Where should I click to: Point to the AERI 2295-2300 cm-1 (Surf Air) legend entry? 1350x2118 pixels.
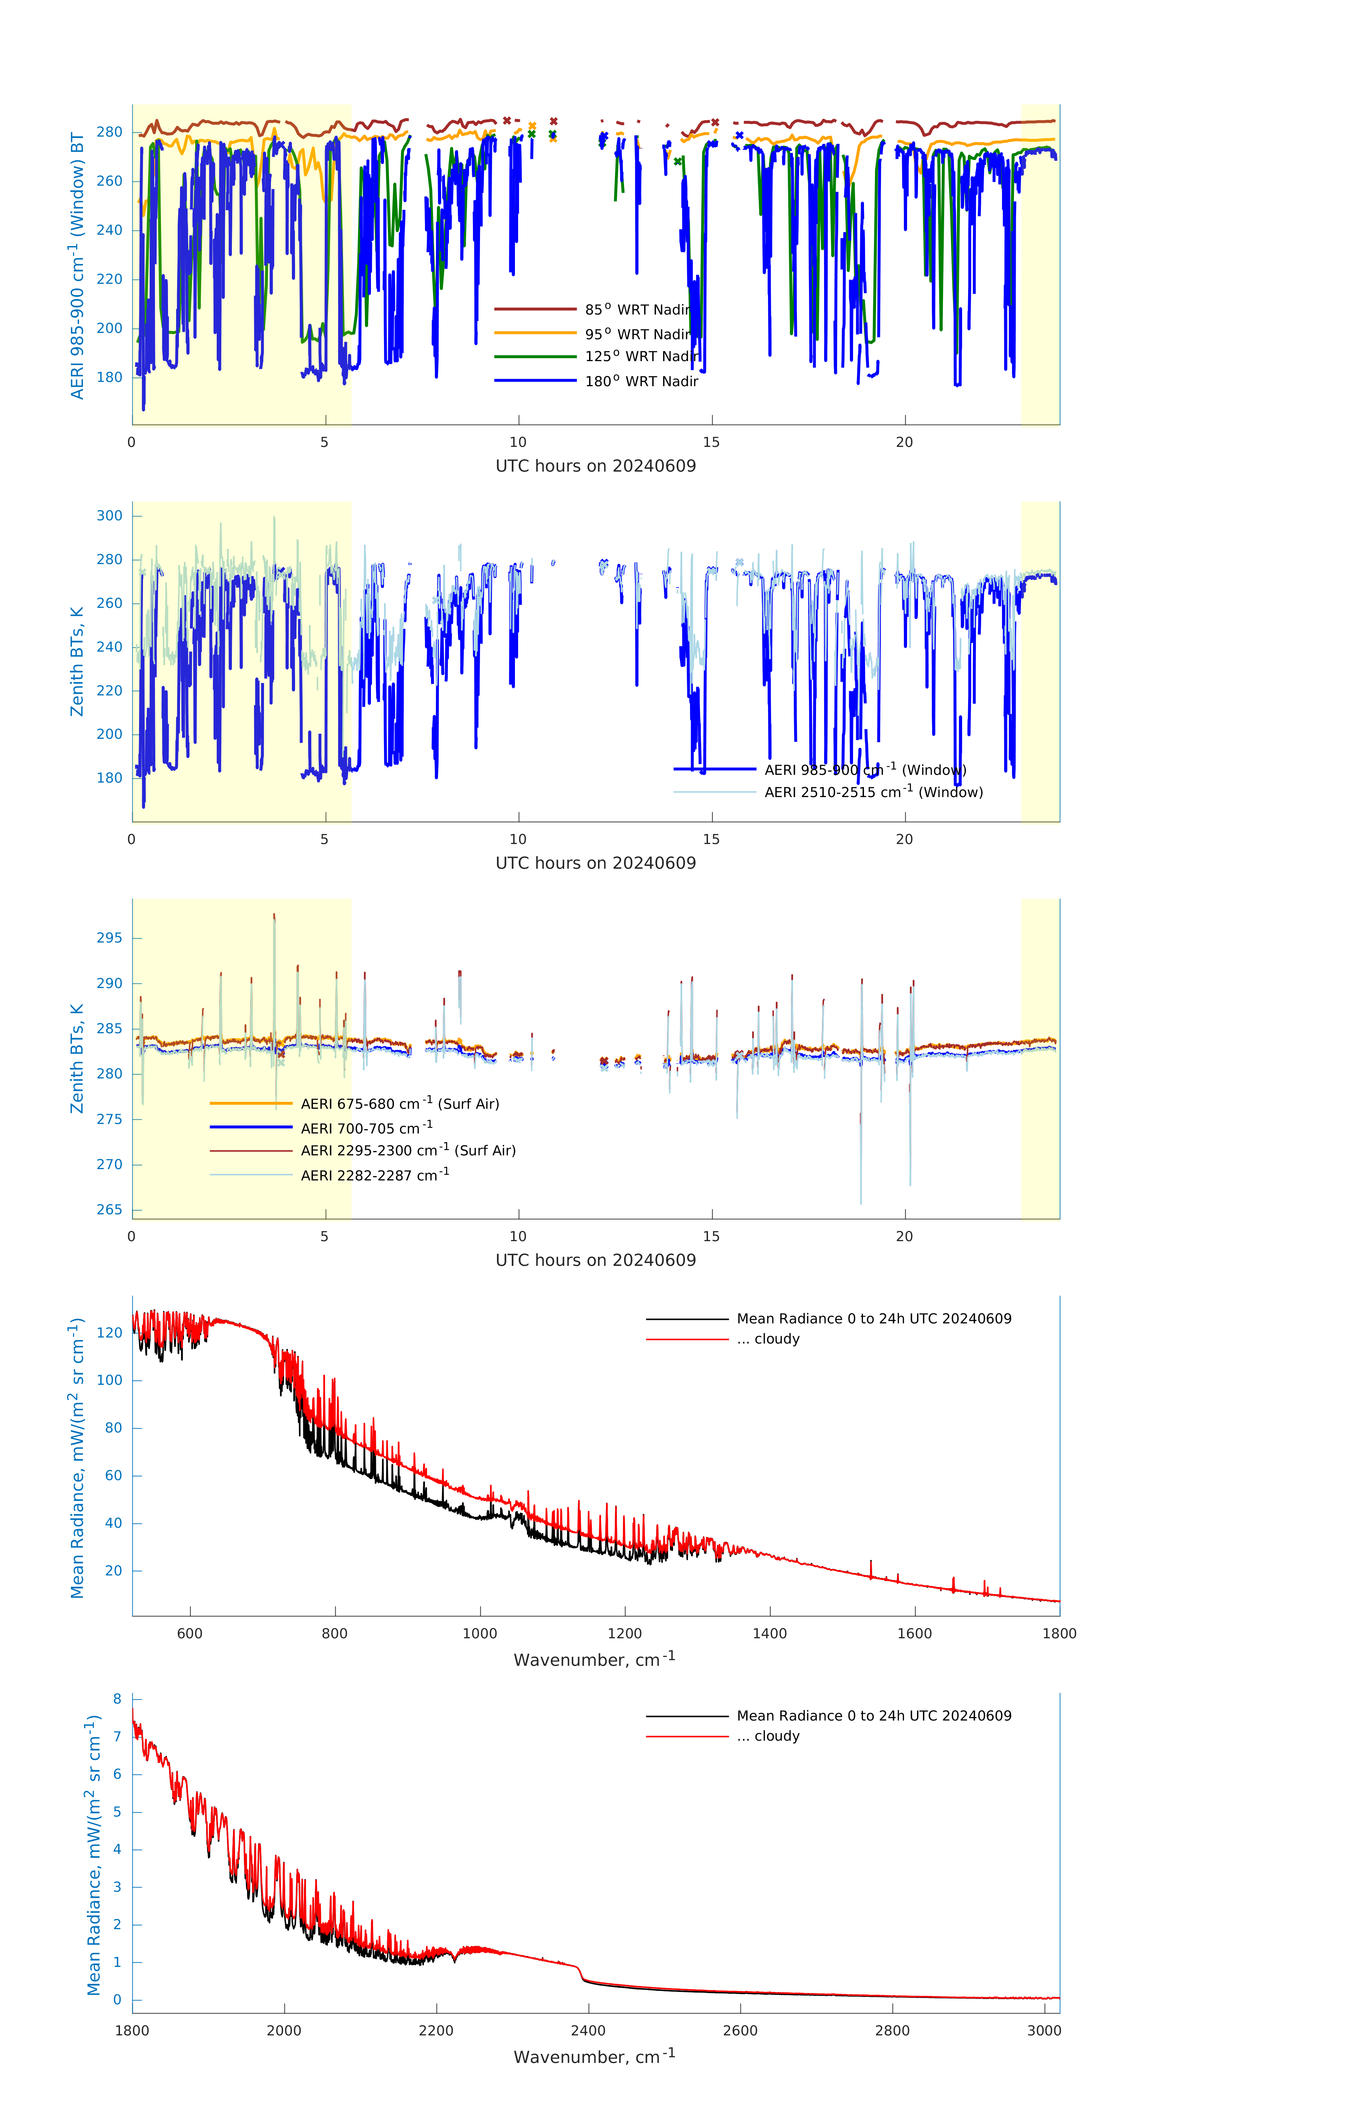(x=407, y=1150)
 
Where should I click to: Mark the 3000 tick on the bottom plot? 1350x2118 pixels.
(x=1044, y=2031)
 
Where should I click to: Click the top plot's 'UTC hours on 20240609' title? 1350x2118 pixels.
(x=595, y=466)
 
